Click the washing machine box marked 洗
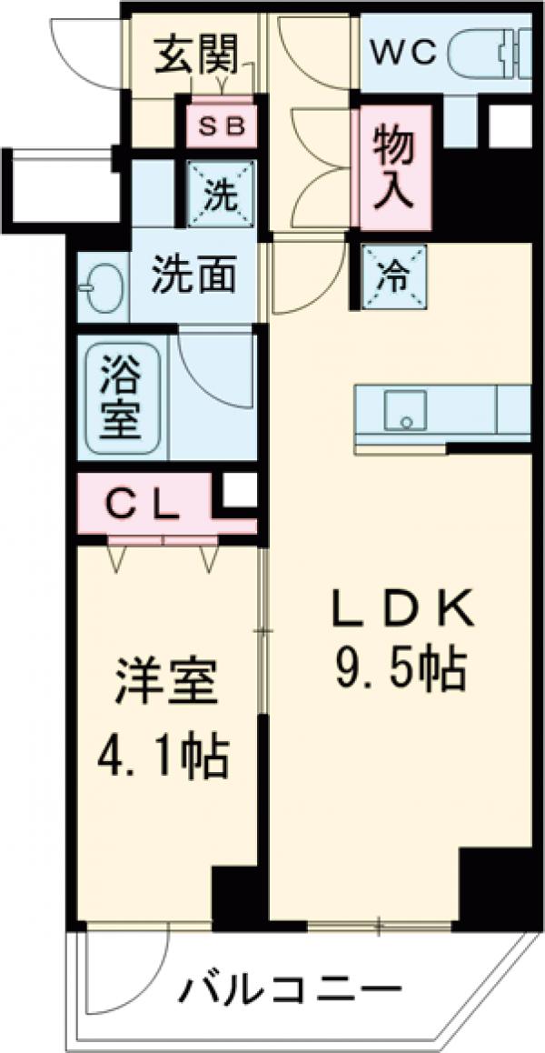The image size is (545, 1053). [221, 193]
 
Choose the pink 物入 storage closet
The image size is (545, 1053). [394, 167]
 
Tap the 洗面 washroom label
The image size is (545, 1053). [193, 274]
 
